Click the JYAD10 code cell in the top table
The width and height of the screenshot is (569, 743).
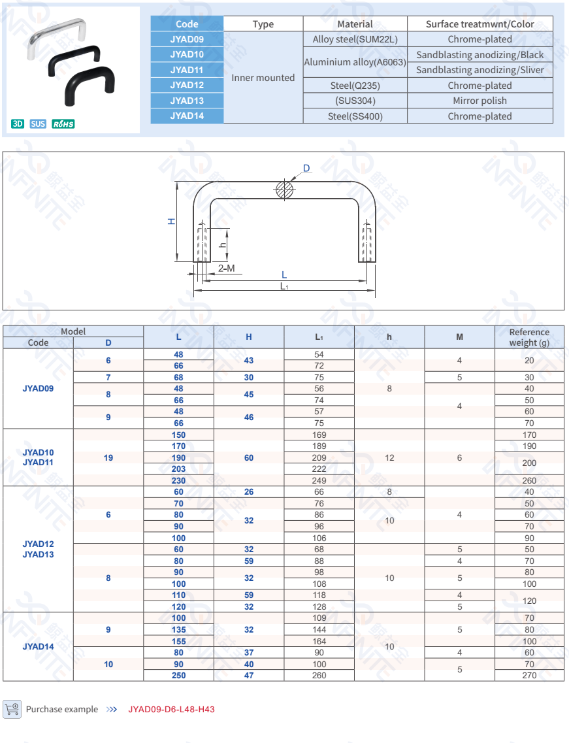point(187,55)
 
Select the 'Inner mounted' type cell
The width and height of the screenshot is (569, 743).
point(263,78)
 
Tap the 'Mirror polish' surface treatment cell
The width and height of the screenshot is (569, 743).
point(480,101)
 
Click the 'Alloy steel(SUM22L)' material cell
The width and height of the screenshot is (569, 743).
point(355,39)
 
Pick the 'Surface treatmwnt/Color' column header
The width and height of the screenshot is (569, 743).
point(480,24)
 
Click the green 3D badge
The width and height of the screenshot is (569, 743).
point(18,124)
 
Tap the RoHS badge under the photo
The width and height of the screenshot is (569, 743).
point(63,124)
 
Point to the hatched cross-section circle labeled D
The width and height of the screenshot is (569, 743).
point(284,190)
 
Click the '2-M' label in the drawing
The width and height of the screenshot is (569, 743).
point(226,269)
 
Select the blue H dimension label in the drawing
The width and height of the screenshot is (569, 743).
point(172,222)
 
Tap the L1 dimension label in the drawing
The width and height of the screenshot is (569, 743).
point(284,286)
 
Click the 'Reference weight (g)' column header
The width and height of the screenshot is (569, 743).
point(529,337)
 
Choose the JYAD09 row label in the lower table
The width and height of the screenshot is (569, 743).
point(38,388)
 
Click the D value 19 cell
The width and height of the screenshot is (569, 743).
point(108,457)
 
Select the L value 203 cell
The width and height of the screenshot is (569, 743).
point(178,469)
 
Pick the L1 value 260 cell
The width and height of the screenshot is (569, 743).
point(319,675)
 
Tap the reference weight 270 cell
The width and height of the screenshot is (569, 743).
point(529,675)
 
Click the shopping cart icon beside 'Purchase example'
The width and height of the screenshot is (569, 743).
point(12,709)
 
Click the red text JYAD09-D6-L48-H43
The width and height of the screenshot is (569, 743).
point(171,709)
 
